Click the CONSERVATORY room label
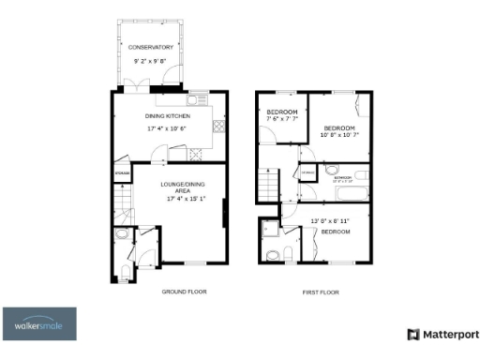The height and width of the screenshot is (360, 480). pyautogui.click(x=150, y=47)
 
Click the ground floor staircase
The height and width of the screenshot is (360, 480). pyautogui.click(x=122, y=202)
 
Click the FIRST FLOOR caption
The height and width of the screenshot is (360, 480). pyautogui.click(x=320, y=292)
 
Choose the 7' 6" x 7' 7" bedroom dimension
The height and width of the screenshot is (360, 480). pyautogui.click(x=281, y=119)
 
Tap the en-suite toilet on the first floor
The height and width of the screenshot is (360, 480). pyautogui.click(x=272, y=254)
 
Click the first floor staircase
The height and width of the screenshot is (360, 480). pyautogui.click(x=270, y=185)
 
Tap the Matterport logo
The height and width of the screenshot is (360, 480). pyautogui.click(x=442, y=334)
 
